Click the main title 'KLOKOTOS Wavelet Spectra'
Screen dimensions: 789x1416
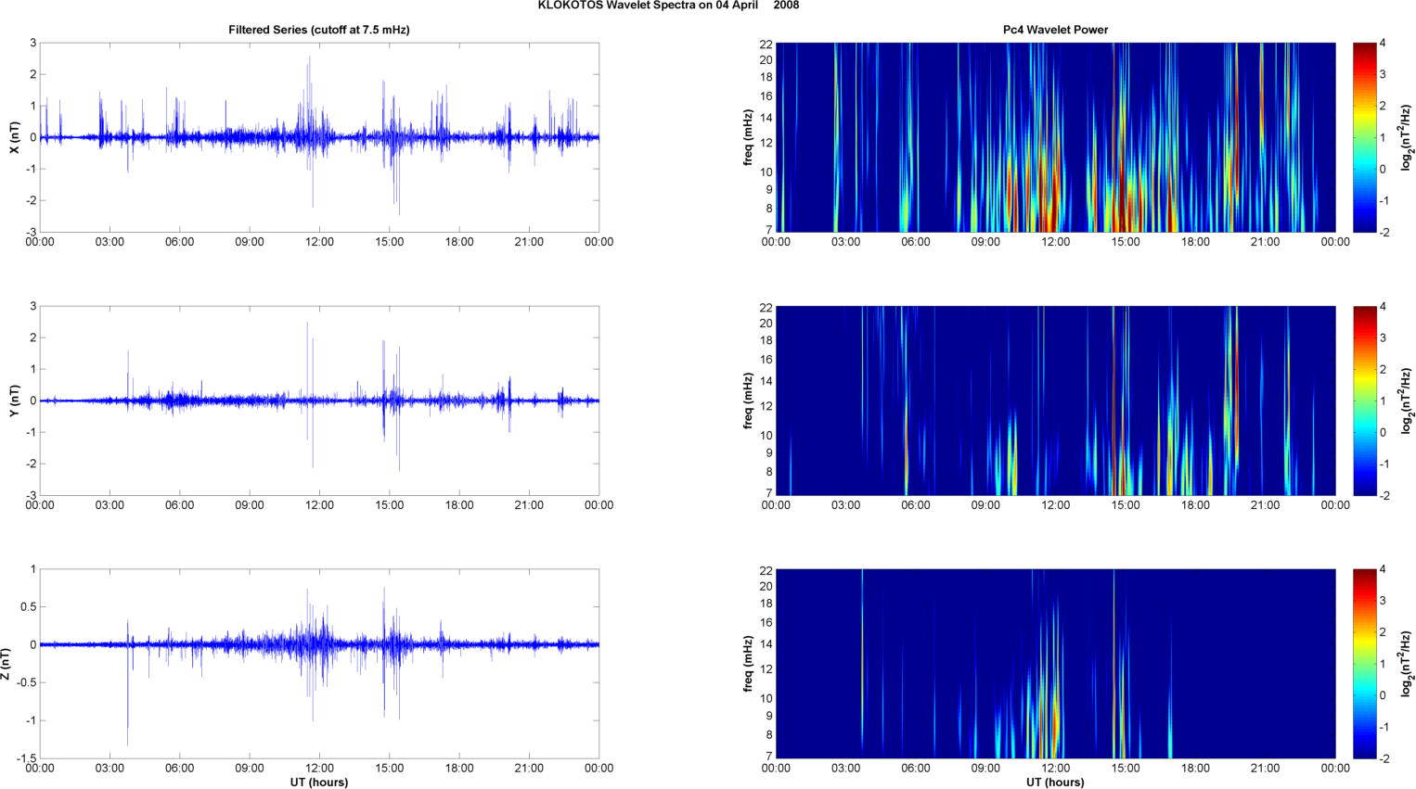pyautogui.click(x=668, y=6)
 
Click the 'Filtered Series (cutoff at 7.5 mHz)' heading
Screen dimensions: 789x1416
pyautogui.click(x=319, y=30)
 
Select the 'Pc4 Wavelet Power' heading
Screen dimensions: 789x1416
pyautogui.click(x=1055, y=30)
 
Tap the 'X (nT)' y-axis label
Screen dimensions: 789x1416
pyautogui.click(x=14, y=137)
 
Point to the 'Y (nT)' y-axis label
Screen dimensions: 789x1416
pyautogui.click(x=14, y=401)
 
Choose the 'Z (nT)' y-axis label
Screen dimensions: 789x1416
pyautogui.click(x=7, y=664)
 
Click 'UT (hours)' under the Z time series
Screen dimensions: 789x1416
pyautogui.click(x=319, y=782)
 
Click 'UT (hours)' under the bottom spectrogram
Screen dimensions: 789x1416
pyautogui.click(x=1055, y=782)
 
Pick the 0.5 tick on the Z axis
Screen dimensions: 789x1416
pyautogui.click(x=29, y=607)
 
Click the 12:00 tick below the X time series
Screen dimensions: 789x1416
pyautogui.click(x=319, y=242)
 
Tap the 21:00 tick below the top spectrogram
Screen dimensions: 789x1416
pyautogui.click(x=1265, y=242)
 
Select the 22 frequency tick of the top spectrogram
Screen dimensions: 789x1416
pyautogui.click(x=766, y=44)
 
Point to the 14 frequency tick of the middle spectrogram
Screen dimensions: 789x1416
pyautogui.click(x=766, y=381)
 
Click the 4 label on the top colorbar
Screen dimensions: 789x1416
pyautogui.click(x=1383, y=44)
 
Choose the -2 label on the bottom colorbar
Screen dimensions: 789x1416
pyautogui.click(x=1383, y=758)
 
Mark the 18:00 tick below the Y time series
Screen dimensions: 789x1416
pyautogui.click(x=459, y=505)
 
